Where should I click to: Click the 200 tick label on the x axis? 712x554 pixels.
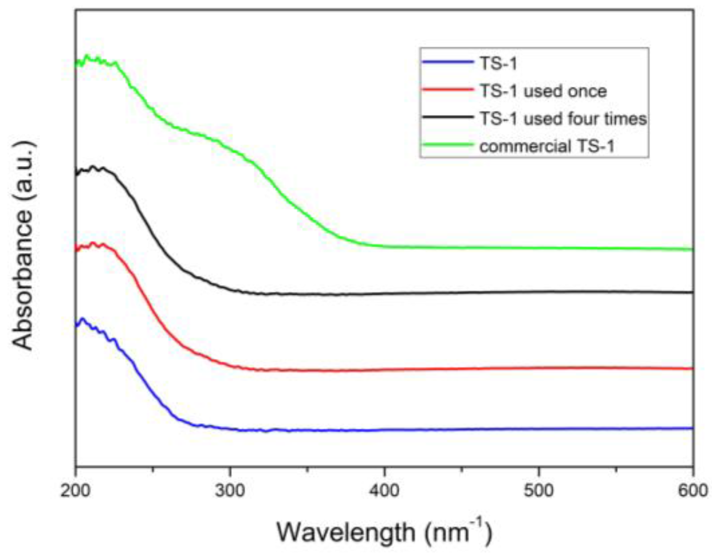click(76, 490)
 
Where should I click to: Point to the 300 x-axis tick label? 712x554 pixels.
click(230, 490)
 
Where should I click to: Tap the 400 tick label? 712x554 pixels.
click(384, 490)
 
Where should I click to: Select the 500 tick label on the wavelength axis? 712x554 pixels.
click(538, 490)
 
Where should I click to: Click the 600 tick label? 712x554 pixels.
click(693, 490)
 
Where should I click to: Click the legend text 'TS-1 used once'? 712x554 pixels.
click(543, 91)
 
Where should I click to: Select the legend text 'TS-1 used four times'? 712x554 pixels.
click(563, 119)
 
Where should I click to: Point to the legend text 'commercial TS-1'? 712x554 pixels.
click(547, 146)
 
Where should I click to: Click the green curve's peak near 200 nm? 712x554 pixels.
click(87, 56)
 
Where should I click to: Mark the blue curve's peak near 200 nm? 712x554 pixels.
click(82, 319)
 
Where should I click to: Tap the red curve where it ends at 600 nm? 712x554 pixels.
click(691, 368)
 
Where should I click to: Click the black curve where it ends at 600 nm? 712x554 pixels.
click(691, 292)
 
